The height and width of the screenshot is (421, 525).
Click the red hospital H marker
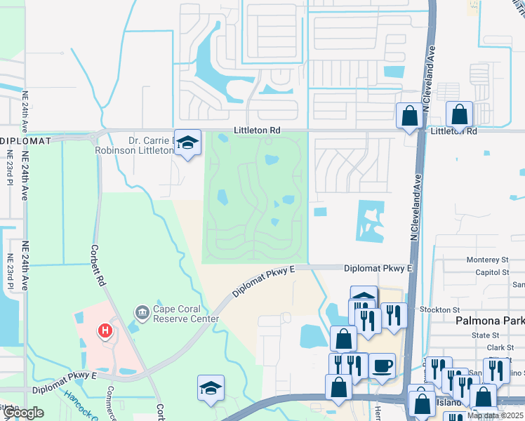[106, 330]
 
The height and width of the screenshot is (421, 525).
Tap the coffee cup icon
[382, 366]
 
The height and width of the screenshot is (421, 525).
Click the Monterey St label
[487, 260]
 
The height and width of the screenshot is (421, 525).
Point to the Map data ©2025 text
[496, 415]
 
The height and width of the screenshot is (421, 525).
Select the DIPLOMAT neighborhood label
[25, 141]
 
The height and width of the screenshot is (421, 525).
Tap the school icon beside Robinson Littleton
[187, 142]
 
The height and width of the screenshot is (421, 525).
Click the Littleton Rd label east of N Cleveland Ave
[453, 131]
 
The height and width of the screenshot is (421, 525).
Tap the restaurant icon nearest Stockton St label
[394, 315]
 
